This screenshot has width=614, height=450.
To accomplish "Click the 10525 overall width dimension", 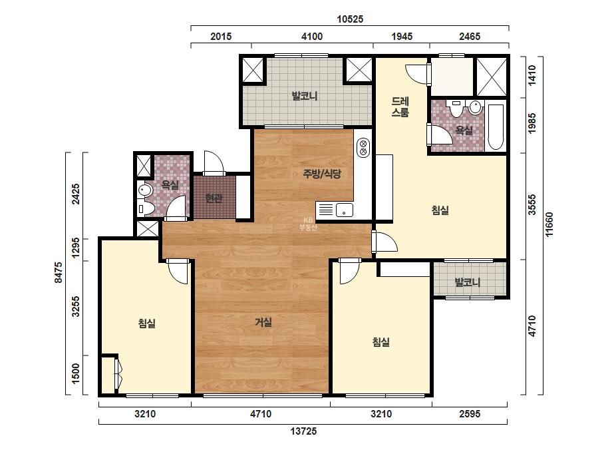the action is point(350,19).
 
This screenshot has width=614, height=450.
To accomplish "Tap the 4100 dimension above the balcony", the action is point(312,37).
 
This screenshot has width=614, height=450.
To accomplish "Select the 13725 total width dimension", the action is point(303,431).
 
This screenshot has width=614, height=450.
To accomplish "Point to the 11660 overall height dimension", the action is point(549,224).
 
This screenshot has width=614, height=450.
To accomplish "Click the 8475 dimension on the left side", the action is point(58,272).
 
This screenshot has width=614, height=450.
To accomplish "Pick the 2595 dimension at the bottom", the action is point(470,414).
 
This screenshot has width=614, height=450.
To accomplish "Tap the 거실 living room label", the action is point(263,322).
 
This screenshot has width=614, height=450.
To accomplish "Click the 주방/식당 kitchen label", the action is point(322,174).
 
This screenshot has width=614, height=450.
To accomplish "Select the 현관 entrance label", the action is point(214,198).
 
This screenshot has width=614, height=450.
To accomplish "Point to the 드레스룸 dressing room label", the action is point(400,107).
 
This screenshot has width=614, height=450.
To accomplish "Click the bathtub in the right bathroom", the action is point(496,126).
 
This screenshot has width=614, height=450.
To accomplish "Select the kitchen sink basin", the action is point(344,210).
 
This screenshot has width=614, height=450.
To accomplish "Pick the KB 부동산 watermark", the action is point(307,224).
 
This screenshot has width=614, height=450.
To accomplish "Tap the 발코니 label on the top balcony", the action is point(304,96).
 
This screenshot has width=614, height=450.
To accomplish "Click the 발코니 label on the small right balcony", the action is point(467,282).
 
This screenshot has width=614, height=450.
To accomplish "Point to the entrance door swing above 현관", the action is point(214,162).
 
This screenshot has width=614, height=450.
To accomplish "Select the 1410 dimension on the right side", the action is point(532,75).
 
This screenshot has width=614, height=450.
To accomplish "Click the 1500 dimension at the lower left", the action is point(76,373).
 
